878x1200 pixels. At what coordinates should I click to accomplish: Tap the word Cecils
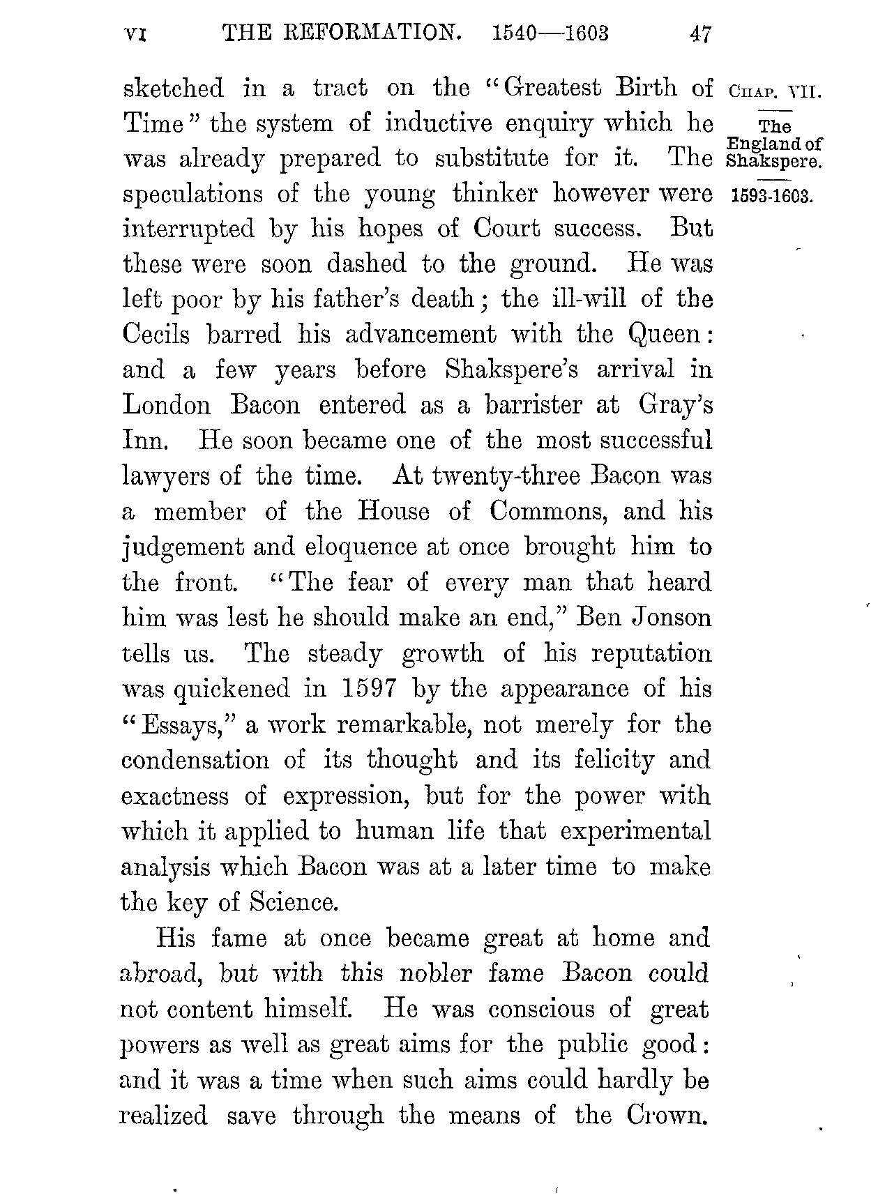point(156,335)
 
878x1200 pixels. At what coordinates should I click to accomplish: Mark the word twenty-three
point(506,476)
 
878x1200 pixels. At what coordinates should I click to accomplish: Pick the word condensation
point(195,760)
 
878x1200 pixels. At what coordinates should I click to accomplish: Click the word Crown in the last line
point(663,1116)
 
